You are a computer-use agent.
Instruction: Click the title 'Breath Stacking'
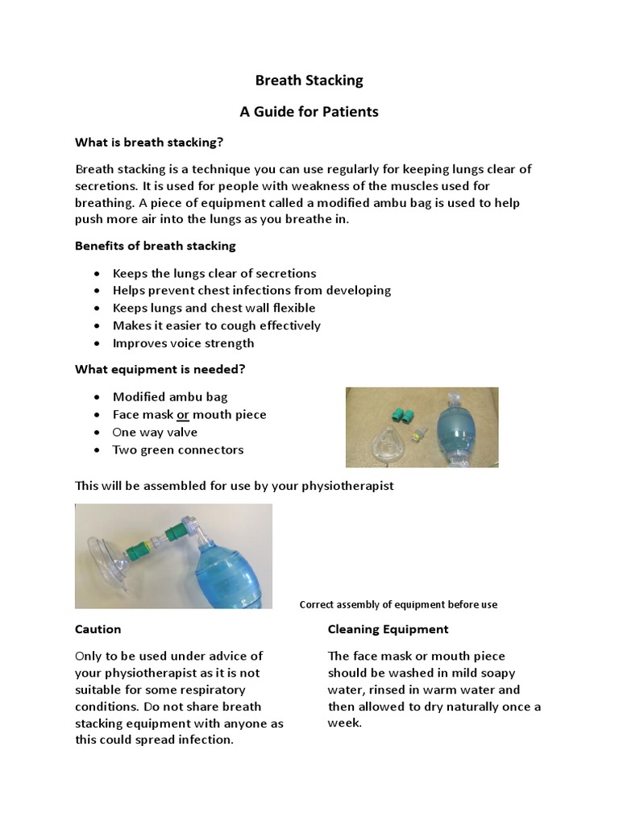(x=309, y=81)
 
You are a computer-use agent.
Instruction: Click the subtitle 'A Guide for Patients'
(x=309, y=112)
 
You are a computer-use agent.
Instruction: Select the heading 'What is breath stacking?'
(x=149, y=143)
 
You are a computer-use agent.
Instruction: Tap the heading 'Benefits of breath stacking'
(x=155, y=245)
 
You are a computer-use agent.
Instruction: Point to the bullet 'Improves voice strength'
(x=183, y=343)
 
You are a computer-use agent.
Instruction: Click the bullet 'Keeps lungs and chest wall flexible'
(x=214, y=308)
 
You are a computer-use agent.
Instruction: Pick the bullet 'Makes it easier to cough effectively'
(x=216, y=325)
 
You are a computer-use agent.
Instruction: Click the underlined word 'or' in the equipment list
(x=183, y=415)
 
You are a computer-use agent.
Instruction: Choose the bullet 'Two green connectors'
(x=177, y=450)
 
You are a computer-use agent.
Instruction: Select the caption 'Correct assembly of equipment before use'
(x=398, y=605)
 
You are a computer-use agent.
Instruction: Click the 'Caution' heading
(x=98, y=629)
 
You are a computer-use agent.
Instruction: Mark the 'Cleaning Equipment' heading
(x=388, y=629)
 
